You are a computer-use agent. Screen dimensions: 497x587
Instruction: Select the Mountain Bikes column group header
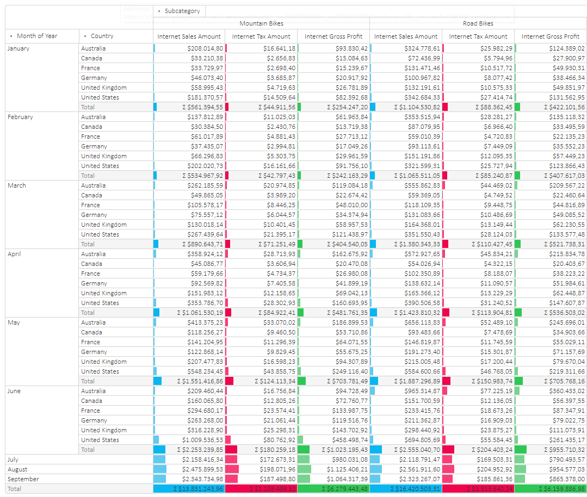(x=261, y=23)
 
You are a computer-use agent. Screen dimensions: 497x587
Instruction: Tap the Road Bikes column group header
(x=478, y=23)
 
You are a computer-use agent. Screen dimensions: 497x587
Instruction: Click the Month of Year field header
(x=37, y=36)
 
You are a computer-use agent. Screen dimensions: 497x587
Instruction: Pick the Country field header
(x=102, y=36)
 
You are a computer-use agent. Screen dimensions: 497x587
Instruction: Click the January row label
(x=19, y=48)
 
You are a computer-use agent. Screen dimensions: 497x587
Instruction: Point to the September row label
(x=23, y=479)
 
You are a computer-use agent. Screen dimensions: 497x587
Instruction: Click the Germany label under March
(x=94, y=215)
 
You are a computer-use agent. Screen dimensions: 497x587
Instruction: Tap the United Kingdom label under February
(x=104, y=156)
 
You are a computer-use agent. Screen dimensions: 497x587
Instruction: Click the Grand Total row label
(x=15, y=489)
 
